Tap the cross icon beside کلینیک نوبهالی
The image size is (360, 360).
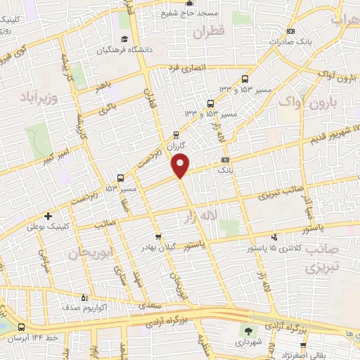[x=48, y=216]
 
